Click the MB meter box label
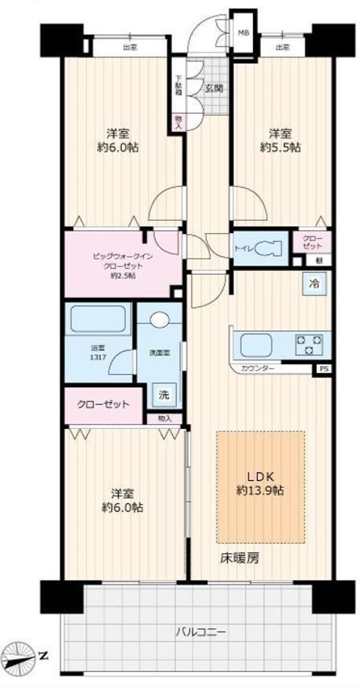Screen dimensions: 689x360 pos(244,33)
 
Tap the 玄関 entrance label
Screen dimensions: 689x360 pos(214,88)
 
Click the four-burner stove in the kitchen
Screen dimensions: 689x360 pos(309,343)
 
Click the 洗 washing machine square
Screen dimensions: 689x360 pos(163,394)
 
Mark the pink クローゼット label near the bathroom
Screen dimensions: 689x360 pos(102,405)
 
